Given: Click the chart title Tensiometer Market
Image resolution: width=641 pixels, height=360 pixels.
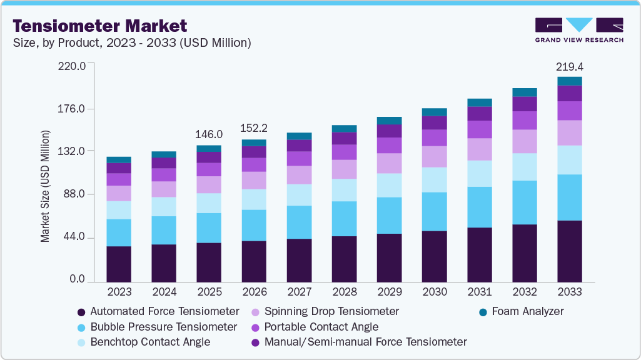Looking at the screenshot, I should [100, 26].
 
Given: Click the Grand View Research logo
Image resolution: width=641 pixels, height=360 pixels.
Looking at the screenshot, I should [578, 30].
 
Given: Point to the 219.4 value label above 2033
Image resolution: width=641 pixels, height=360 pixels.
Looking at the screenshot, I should [570, 66].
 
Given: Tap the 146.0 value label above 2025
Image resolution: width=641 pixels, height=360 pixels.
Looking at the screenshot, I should [209, 134].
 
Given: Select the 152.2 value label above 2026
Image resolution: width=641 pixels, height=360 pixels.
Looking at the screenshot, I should [254, 128].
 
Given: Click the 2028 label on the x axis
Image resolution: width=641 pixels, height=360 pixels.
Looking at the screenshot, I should [344, 292].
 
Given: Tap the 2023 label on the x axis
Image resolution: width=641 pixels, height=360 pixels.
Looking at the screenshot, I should [119, 292].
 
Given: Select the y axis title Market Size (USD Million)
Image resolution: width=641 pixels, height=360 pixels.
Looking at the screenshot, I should [45, 186].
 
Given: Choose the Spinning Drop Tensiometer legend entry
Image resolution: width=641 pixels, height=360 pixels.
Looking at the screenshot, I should [331, 311].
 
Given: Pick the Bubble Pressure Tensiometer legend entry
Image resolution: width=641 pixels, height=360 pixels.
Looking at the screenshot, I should [163, 327].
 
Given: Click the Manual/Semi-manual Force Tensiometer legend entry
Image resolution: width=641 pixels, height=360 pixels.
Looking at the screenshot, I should [365, 342].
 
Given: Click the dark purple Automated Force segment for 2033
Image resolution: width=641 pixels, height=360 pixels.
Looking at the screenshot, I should [570, 251].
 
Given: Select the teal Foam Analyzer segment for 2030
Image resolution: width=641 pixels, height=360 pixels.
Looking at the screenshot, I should [435, 112].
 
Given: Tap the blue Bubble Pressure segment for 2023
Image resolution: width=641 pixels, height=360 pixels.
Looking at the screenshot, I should [119, 232].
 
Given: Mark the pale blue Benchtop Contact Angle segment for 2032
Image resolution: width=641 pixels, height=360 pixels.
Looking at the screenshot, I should [525, 167].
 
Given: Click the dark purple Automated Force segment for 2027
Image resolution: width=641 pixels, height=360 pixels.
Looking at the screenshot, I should [299, 260].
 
